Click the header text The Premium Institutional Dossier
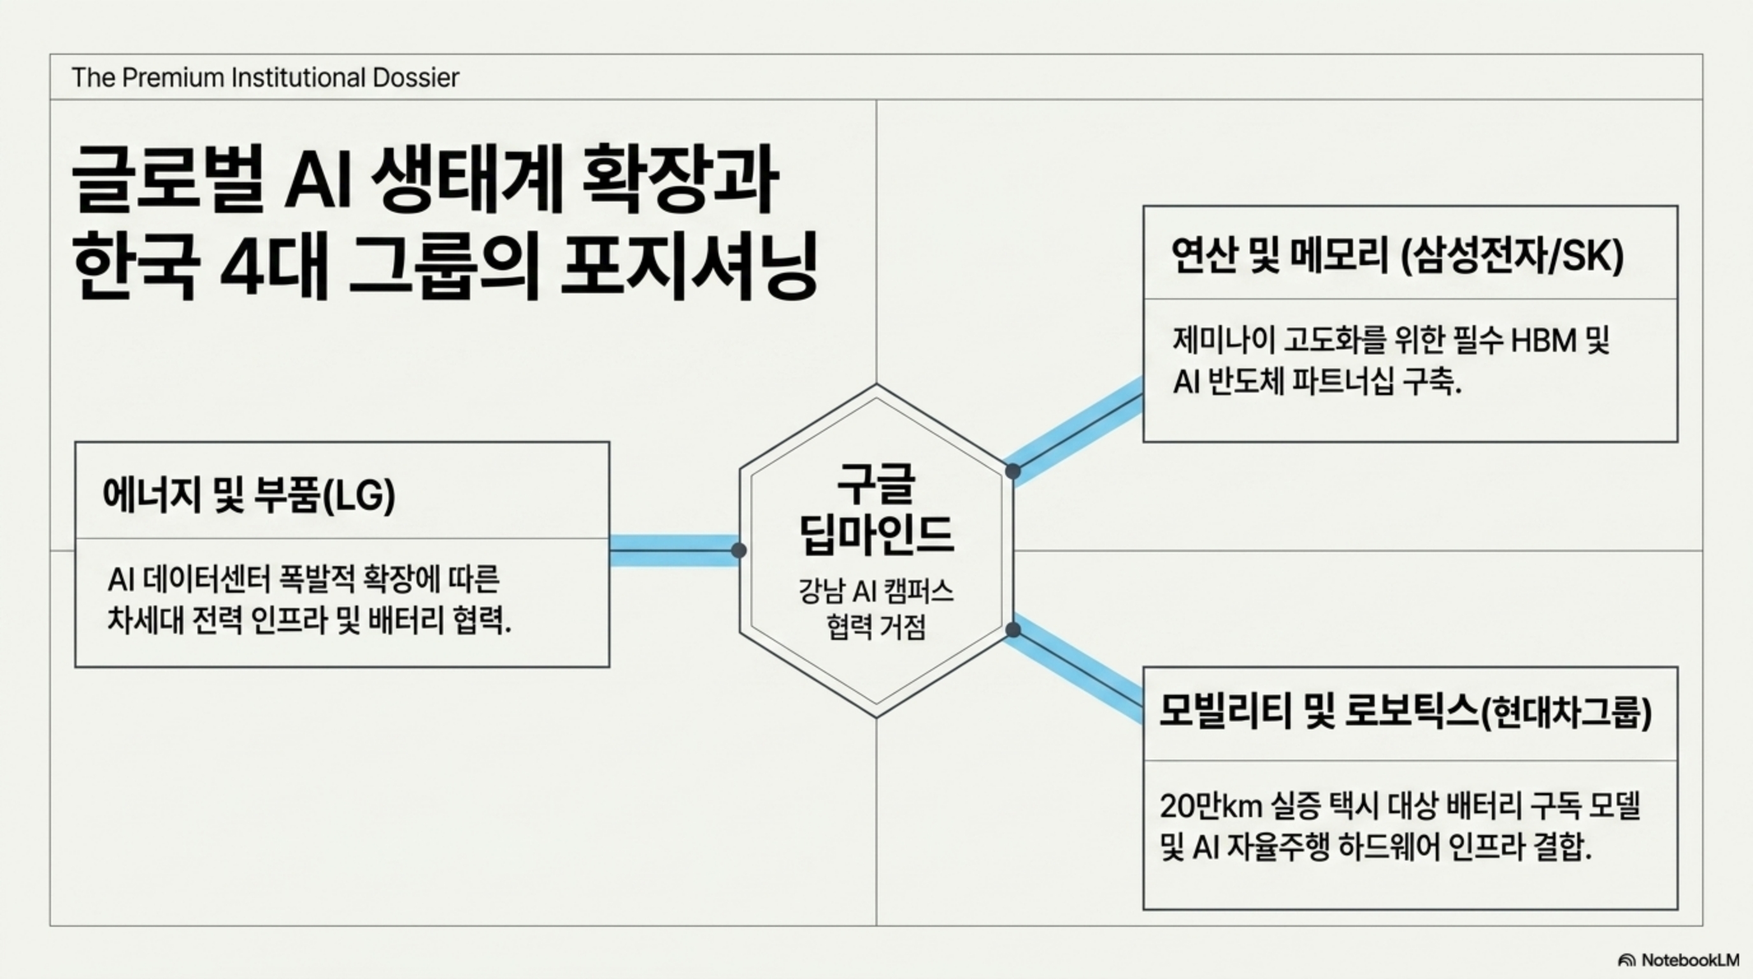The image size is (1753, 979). tap(265, 78)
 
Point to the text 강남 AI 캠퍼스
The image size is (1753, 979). tap(876, 591)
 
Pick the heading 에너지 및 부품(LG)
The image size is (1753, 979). tap(248, 495)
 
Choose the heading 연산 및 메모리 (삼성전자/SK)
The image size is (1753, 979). tap(1397, 256)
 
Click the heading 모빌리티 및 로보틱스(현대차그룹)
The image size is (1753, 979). tap(1405, 712)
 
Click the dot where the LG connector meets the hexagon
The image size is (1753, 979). tap(738, 550)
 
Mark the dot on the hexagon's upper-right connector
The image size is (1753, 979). tap(1013, 471)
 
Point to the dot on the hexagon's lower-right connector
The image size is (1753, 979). tap(1013, 630)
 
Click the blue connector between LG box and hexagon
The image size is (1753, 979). tap(674, 550)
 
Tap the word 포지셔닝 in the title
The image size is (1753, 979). tap(688, 268)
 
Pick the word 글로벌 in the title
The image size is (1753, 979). tap(167, 181)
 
